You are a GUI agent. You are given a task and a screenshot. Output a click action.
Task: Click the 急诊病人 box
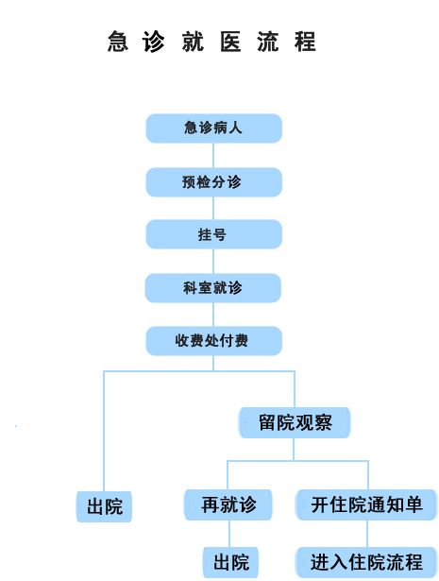pos(214,128)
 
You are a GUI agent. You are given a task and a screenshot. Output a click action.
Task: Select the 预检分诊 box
pos(214,182)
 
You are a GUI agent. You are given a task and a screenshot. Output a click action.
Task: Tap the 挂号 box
pos(214,234)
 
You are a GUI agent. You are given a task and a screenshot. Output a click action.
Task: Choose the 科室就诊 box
pos(212,288)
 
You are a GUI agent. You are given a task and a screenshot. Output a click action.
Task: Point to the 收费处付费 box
pos(214,341)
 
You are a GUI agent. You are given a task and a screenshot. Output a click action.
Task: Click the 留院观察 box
pos(295,423)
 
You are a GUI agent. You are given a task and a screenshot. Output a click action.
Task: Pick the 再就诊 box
pos(228,504)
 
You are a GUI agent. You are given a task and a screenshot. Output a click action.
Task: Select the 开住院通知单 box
pos(366,504)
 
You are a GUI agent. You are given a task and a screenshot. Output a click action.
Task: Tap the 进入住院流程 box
pos(366,562)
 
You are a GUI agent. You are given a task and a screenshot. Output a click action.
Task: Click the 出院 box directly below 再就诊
pos(231,562)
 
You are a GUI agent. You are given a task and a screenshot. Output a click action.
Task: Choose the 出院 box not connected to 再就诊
pos(104,507)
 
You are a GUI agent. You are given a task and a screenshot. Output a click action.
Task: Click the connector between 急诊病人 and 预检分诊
pos(213,155)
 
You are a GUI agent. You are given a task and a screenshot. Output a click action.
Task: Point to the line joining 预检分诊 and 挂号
pos(213,208)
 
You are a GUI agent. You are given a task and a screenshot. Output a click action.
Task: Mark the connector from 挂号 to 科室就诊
pos(213,262)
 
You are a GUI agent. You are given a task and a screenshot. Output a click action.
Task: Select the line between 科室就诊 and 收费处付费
pos(213,315)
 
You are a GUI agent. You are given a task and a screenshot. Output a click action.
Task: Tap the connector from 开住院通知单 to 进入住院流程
pos(367,534)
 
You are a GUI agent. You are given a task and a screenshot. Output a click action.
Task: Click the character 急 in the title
pos(118,42)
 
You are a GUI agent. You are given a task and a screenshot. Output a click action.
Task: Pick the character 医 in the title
pos(230,42)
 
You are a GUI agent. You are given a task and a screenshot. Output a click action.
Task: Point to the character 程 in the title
pos(305,42)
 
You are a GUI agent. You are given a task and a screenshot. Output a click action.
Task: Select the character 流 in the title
pos(268,42)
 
